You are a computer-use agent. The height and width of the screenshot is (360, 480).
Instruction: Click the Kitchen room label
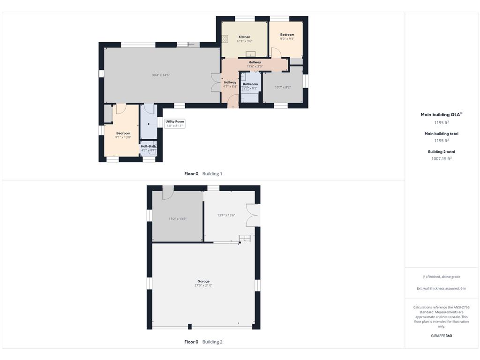(x=244, y=37)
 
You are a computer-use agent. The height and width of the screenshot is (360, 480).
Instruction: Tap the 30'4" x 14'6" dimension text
(x=161, y=75)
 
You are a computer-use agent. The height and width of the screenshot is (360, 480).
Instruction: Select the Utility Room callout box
(x=174, y=123)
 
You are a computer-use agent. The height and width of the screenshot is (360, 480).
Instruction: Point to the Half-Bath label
(x=149, y=146)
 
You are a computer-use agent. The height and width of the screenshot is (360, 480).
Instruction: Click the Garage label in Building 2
(x=203, y=281)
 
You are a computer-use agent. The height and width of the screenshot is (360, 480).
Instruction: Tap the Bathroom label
(x=250, y=84)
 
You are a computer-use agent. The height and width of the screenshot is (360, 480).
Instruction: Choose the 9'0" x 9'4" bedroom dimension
(x=287, y=39)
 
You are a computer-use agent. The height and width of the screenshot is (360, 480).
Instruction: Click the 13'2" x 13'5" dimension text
(x=178, y=219)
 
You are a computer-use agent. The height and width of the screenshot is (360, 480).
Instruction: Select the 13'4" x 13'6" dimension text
(x=226, y=215)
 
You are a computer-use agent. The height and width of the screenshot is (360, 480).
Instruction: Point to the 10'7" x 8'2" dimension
(x=283, y=87)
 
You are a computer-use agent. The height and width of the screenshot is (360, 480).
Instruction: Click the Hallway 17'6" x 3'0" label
(x=255, y=64)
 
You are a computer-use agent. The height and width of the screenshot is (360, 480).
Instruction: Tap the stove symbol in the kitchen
(x=225, y=38)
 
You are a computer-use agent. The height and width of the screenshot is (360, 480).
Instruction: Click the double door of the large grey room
(x=216, y=82)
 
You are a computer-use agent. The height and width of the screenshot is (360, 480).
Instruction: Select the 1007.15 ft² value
(x=442, y=158)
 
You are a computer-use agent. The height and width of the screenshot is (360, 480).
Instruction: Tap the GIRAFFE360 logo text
(x=442, y=336)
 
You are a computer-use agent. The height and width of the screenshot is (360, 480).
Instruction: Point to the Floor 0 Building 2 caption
(x=203, y=342)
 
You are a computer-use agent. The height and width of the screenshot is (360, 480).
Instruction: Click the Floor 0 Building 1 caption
(x=203, y=173)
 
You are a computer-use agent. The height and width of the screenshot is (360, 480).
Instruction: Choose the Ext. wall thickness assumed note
(x=442, y=288)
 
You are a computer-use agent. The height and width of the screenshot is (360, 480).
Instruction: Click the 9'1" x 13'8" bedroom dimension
(x=123, y=137)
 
